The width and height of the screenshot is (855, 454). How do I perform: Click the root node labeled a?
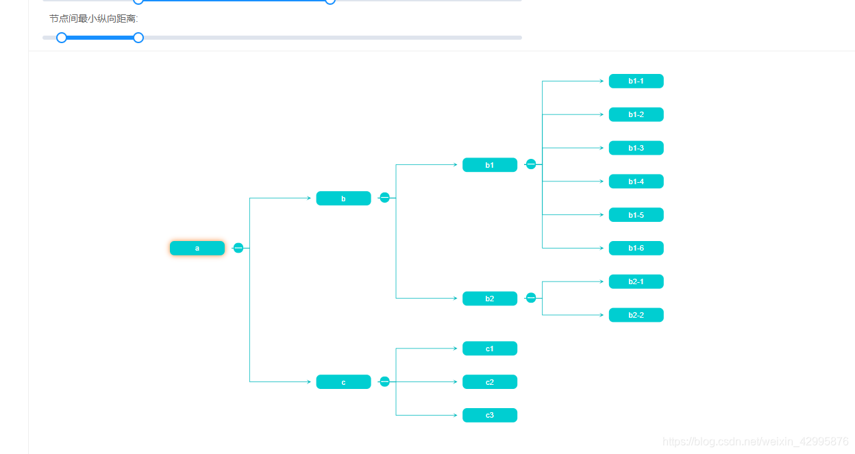click(x=197, y=248)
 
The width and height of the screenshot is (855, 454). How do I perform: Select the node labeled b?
click(x=343, y=199)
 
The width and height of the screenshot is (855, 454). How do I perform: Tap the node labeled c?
click(x=343, y=382)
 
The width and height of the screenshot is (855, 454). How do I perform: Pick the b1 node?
click(x=490, y=165)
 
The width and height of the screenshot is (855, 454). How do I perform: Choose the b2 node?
click(x=490, y=299)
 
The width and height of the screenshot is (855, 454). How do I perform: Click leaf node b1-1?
click(x=636, y=81)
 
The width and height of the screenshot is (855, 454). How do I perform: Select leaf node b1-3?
click(x=636, y=148)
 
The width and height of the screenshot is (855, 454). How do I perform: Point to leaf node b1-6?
click(x=636, y=248)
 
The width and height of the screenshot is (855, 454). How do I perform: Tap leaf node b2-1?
click(x=636, y=281)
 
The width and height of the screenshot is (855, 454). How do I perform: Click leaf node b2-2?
click(x=636, y=315)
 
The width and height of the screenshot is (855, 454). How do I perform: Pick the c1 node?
click(x=490, y=349)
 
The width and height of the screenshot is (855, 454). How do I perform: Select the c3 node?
click(x=490, y=416)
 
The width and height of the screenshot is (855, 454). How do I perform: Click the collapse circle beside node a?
click(x=238, y=248)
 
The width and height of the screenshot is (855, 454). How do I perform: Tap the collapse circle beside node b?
click(x=384, y=198)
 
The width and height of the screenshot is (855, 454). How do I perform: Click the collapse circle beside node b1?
click(x=531, y=164)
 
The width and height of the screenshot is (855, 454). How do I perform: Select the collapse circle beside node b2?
click(x=531, y=298)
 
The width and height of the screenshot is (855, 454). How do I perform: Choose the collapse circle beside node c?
click(x=384, y=381)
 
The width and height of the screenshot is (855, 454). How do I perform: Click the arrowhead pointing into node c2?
click(x=455, y=382)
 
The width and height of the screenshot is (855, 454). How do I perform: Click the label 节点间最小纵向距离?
click(x=94, y=18)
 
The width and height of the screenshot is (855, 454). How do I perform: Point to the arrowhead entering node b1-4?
click(x=602, y=181)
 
